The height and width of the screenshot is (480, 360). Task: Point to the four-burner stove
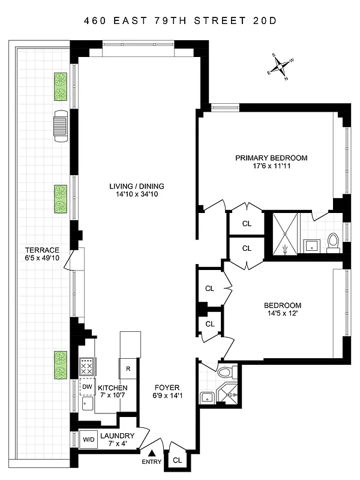pos(88,365)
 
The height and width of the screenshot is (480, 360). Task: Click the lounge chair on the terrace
pos(61,126)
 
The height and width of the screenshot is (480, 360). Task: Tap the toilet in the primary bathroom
pos(334,243)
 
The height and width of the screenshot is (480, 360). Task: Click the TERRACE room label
pos(42,250)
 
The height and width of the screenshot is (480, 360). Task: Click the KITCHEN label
pos(113,388)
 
